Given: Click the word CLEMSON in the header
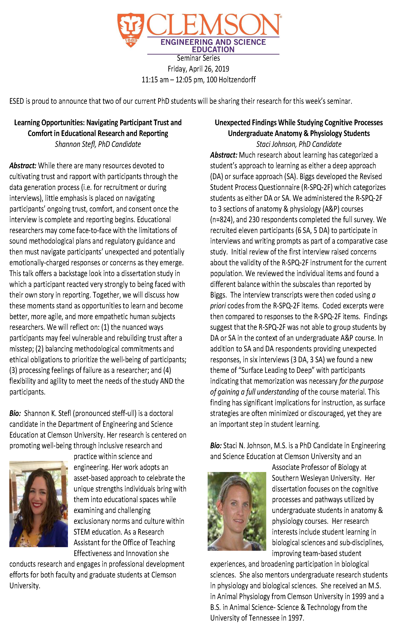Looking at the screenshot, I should pos(213,25).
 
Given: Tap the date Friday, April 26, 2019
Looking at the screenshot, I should pos(198,69).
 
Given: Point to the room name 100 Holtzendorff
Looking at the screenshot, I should pos(231,80).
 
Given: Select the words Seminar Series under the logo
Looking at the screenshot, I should pos(198,58).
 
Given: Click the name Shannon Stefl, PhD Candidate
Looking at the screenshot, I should pos(98,144).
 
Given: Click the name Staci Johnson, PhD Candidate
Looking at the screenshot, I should pos(299,144).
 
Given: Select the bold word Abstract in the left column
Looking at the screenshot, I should pos(23,166).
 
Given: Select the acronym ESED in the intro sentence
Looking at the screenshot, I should pos(17,101).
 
